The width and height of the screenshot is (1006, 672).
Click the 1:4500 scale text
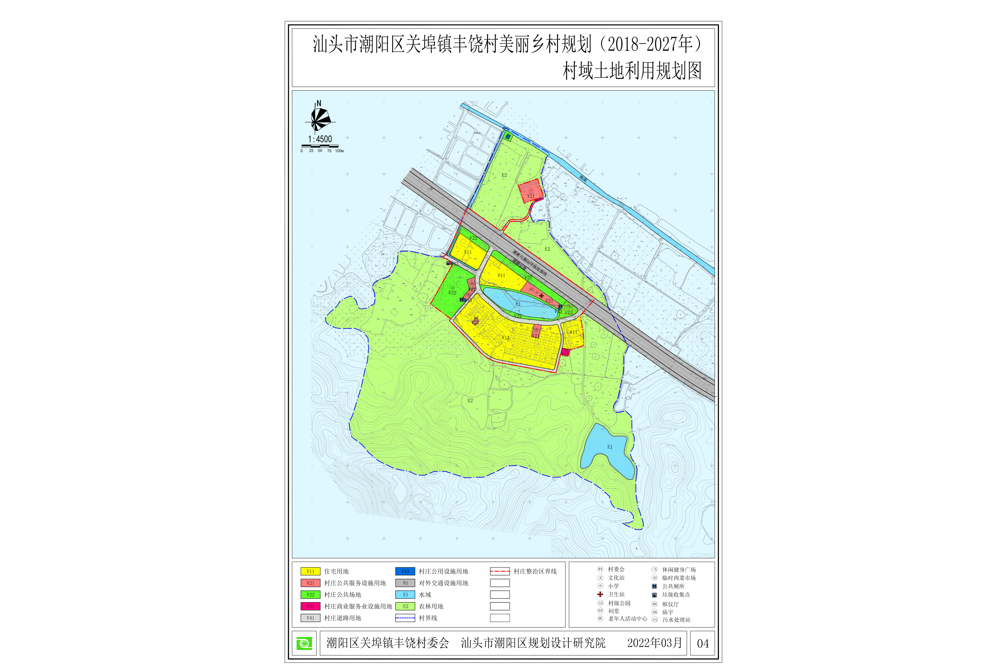[x=320, y=139]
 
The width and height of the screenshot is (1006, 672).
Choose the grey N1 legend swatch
[x=405, y=583]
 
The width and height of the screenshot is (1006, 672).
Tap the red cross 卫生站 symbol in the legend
[x=600, y=594]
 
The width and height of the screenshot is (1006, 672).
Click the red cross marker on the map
[x=541, y=296]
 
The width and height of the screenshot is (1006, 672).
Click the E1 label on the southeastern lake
[x=609, y=447]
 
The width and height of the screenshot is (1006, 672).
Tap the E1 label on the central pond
[x=518, y=304]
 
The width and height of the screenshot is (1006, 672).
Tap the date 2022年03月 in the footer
[x=654, y=643]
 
